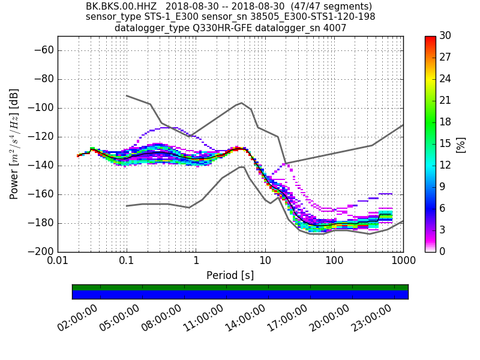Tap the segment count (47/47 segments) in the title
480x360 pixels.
tap(334, 7)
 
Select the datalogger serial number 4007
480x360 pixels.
tap(335, 28)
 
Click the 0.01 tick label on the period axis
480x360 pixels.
tap(58, 262)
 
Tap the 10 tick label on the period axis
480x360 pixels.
tap(265, 262)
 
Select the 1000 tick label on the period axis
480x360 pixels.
tap(403, 262)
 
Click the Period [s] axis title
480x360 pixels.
tap(230, 275)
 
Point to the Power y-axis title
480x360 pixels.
tap(14, 144)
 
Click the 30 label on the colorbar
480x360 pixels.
tap(445, 36)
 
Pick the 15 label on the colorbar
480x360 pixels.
tap(445, 143)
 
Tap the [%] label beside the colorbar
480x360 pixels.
tap(461, 144)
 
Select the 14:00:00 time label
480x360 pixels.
tap(247, 318)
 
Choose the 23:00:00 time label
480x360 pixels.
tap(373, 318)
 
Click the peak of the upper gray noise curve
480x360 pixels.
tap(241, 103)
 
